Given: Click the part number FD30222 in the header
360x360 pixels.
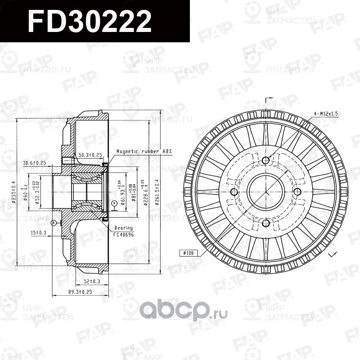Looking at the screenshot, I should coord(90,22).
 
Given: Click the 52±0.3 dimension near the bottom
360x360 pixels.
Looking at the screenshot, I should coord(92,281).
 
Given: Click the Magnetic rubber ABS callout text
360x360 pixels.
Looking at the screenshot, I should coord(144,152).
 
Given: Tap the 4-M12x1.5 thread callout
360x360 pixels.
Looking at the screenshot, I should coord(326,114).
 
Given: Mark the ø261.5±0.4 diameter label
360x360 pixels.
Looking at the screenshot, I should coord(157,191).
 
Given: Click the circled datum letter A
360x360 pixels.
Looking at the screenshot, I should coord(114,203).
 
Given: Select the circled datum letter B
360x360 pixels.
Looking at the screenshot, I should coord(54,222).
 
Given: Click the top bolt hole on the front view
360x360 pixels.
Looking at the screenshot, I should coord(265,160).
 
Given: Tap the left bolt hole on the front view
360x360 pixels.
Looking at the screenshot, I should coord(234,192).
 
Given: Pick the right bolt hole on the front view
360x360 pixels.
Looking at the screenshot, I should coord(297,192).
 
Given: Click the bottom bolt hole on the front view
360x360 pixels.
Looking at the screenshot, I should coord(265,224).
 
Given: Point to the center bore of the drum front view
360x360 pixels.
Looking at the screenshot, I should coord(265,192).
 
